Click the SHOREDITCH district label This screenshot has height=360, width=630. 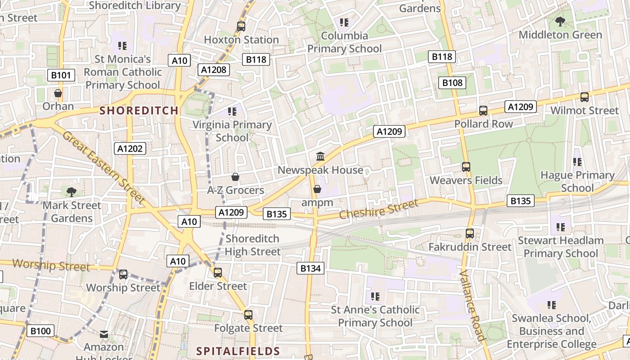(x=139, y=111)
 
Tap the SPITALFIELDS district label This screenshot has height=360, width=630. (x=238, y=351)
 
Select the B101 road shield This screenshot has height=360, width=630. (x=61, y=75)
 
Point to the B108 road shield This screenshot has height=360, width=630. (x=452, y=83)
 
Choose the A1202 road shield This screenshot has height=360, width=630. (x=130, y=148)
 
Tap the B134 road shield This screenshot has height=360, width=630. (x=310, y=269)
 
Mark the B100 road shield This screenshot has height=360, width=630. (x=40, y=331)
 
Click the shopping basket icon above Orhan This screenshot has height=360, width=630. (x=58, y=94)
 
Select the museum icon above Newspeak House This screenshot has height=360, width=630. (x=320, y=157)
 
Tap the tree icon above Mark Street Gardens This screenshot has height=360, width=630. (x=72, y=192)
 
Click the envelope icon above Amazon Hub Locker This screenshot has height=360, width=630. (x=104, y=334)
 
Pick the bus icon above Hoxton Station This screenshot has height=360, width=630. (x=241, y=26)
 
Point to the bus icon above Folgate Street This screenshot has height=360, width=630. (x=248, y=315)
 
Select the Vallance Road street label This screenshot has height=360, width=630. (x=472, y=306)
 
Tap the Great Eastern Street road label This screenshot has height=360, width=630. (x=104, y=167)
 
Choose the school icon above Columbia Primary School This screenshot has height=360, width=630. (x=344, y=22)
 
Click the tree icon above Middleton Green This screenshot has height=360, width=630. (x=560, y=21)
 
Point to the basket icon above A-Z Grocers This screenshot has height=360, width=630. (x=235, y=177)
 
